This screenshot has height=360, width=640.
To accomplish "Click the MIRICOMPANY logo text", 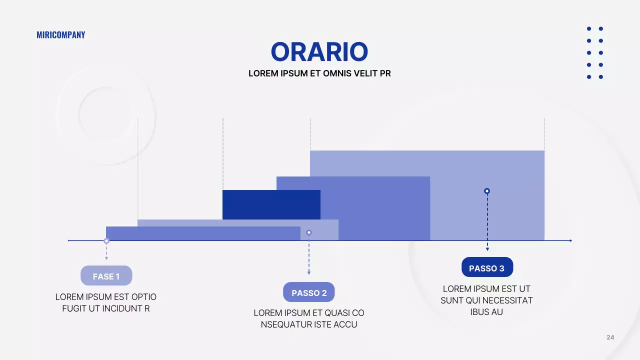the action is pyautogui.click(x=61, y=35).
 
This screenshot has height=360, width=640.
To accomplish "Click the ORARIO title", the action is pyautogui.click(x=319, y=51).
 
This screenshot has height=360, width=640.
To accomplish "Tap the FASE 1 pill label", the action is pyautogui.click(x=106, y=275).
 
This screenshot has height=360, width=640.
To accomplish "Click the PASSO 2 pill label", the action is pyautogui.click(x=309, y=292).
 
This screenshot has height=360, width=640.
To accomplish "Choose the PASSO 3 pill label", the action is pyautogui.click(x=487, y=267).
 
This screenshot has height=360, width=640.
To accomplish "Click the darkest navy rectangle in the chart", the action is pyautogui.click(x=271, y=204).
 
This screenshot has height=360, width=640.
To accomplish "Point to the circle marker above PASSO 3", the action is pyautogui.click(x=487, y=191).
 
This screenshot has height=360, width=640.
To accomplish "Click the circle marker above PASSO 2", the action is pyautogui.click(x=309, y=232).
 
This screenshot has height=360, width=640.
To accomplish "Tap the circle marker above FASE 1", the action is pyautogui.click(x=106, y=241).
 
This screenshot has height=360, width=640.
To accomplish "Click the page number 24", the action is pyautogui.click(x=610, y=337).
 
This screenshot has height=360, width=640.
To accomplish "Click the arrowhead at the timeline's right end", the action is pyautogui.click(x=570, y=240).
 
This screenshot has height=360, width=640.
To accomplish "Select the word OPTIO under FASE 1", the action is pyautogui.click(x=143, y=297).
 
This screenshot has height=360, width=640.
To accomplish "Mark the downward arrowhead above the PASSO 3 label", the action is pyautogui.click(x=487, y=249).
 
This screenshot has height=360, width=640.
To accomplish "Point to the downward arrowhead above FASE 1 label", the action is pyautogui.click(x=106, y=258).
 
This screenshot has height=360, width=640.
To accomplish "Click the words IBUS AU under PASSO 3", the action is pyautogui.click(x=486, y=312).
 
